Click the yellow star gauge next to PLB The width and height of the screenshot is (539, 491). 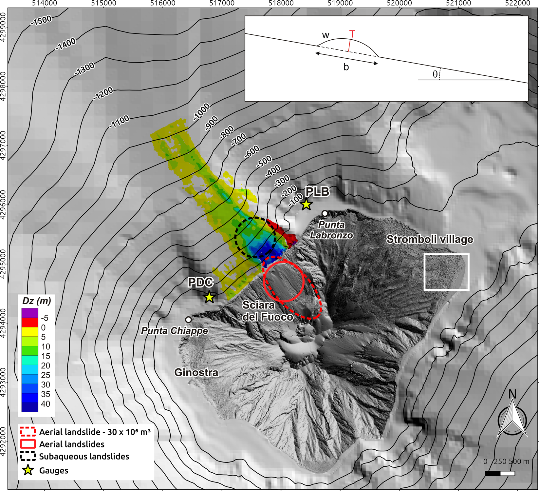(306, 205)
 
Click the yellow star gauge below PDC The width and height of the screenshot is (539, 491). (209, 297)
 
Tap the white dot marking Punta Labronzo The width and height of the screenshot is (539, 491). (325, 213)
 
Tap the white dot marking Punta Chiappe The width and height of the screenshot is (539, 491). (188, 320)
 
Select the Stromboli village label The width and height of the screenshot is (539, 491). (430, 240)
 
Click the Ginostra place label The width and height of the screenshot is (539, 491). (196, 373)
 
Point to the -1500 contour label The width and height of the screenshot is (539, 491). (41, 21)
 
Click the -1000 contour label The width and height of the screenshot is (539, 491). (201, 112)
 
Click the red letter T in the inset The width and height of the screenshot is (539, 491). (352, 34)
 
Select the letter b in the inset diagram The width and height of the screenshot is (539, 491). (346, 67)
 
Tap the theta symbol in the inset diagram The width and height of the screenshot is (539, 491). (435, 74)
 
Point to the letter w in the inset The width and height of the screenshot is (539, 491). (325, 35)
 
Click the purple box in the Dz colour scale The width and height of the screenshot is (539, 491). (30, 313)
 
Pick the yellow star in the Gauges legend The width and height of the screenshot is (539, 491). (28, 470)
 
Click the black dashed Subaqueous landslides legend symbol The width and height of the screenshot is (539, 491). (28, 457)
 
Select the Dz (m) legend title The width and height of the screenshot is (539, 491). (36, 301)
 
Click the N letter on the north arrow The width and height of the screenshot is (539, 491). (512, 394)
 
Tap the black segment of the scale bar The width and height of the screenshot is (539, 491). (493, 473)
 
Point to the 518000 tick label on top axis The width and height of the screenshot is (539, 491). (281, 3)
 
